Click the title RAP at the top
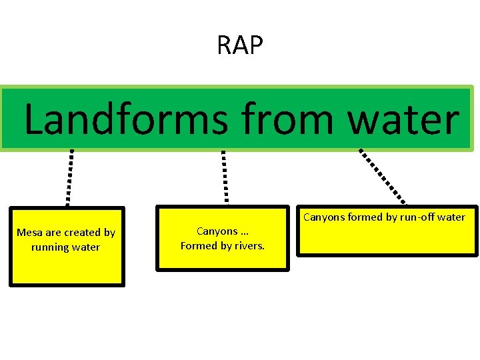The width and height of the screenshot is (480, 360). tap(240, 45)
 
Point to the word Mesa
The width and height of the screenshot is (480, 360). tap(29, 233)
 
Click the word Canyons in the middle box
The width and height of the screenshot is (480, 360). tap(217, 231)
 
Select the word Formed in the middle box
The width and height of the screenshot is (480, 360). tap(198, 245)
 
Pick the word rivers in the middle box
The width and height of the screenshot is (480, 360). tap(249, 245)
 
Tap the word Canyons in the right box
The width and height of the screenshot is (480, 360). tap(324, 217)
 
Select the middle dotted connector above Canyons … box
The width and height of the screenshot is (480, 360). tap(225, 177)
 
